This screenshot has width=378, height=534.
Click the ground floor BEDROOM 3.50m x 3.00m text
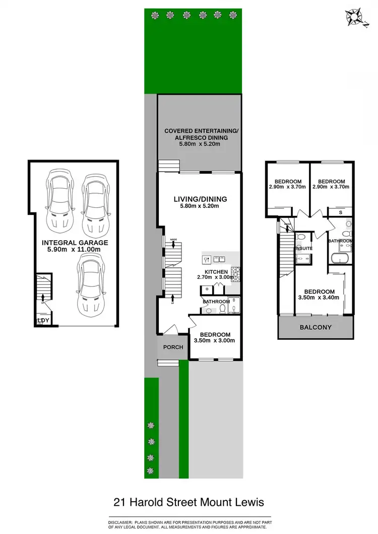(215, 337)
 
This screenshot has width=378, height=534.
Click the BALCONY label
(316, 327)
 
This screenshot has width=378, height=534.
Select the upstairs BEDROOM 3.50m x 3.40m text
(320, 294)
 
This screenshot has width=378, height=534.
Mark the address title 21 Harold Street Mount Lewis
(189, 502)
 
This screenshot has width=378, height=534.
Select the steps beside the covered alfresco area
(165, 166)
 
